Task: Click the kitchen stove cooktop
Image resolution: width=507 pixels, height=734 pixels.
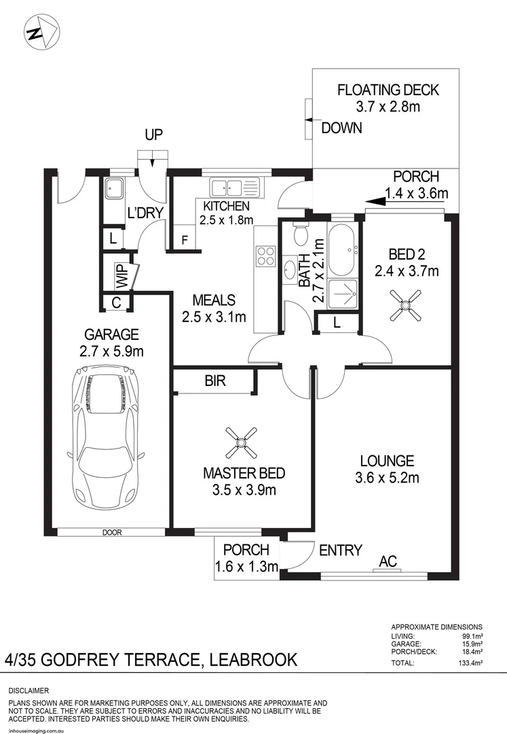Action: [265, 256]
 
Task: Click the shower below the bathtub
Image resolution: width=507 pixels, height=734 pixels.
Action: [343, 294]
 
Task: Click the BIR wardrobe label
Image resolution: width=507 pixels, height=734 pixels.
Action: [215, 382]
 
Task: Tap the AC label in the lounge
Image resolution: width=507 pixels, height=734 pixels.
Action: [388, 561]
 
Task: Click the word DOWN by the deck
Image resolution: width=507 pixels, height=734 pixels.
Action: [341, 128]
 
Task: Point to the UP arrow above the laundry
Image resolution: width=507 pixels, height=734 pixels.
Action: [154, 162]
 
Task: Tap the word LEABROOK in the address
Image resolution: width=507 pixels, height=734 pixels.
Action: [253, 659]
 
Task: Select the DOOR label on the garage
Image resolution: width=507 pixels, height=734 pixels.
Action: [113, 532]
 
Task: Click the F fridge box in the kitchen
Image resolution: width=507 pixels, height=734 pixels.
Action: [184, 240]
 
